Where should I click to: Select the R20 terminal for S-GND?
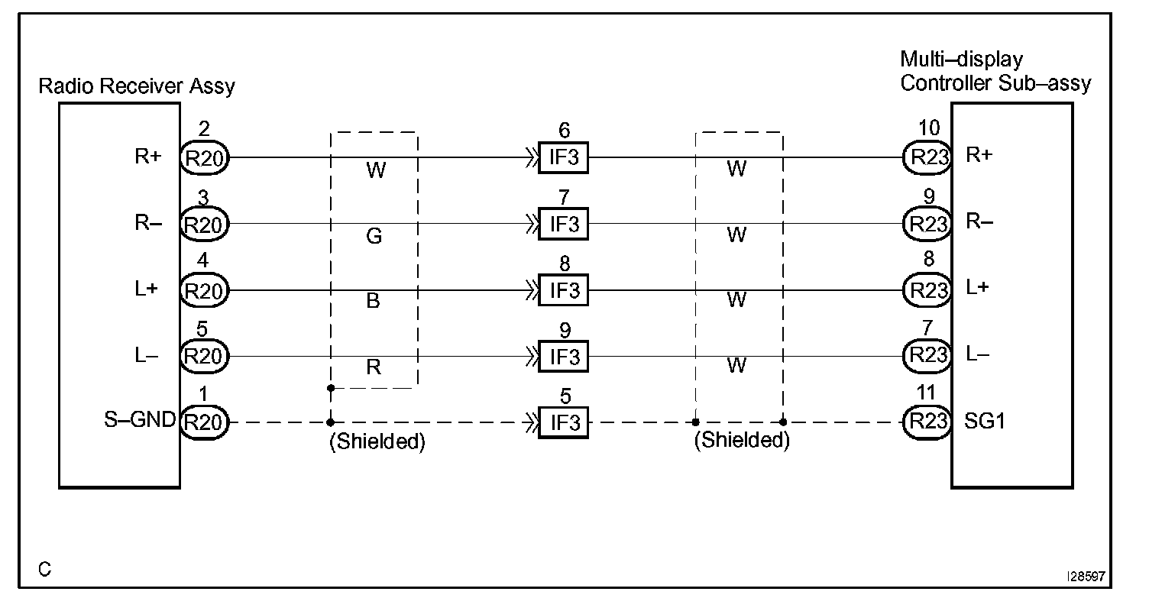204,422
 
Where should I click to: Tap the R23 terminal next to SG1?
926,422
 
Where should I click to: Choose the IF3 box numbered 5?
563,422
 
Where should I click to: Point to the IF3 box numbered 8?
563,290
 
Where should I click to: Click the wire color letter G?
374,237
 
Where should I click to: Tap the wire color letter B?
374,302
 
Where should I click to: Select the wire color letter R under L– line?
374,367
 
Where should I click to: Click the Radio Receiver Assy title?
137,86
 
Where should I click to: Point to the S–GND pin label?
141,419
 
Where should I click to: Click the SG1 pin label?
986,421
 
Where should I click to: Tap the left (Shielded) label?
377,442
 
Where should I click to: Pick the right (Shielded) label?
741,441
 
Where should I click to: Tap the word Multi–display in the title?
961,60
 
